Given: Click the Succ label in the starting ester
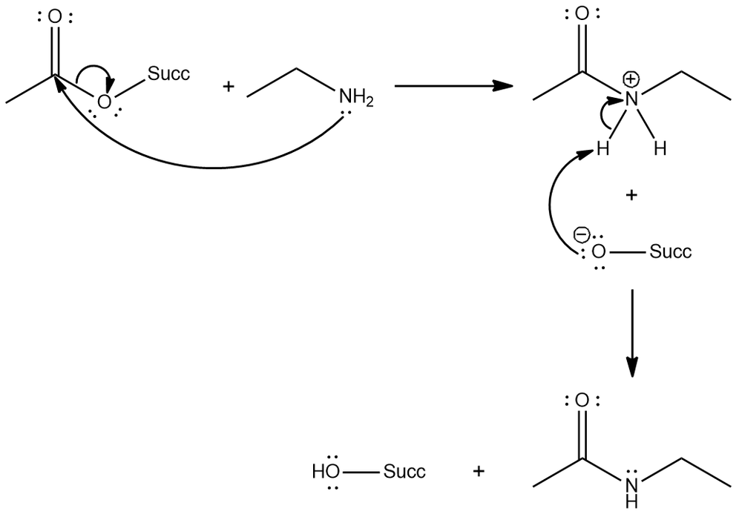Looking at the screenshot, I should tap(168, 73).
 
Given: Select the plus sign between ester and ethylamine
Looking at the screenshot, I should tap(228, 88).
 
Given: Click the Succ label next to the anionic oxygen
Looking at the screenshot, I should tap(670, 251).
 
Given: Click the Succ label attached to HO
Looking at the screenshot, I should tap(404, 471).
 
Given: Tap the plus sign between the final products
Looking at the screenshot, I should tap(479, 471).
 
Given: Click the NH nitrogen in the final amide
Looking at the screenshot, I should tap(631, 485).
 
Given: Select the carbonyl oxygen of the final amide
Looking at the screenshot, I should tap(582, 401).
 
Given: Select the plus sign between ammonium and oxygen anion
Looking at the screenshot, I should tap(631, 195).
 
